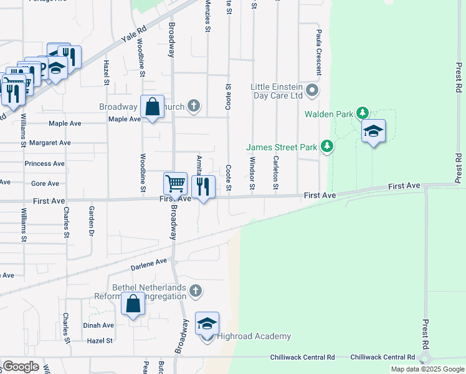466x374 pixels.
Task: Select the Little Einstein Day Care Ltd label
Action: click(277, 91)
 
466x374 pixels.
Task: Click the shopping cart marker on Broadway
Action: click(176, 184)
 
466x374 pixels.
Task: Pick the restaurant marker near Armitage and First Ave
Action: click(202, 186)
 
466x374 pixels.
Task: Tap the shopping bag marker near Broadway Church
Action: click(152, 107)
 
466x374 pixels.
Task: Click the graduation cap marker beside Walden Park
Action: click(373, 132)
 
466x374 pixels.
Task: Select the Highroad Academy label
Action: click(254, 337)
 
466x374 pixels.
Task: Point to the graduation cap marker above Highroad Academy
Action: click(207, 324)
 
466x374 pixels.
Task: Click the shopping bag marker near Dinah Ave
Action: click(133, 305)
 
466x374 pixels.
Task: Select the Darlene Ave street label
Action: click(149, 264)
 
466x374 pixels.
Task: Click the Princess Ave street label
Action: click(44, 164)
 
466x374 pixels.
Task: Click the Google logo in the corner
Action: click(21, 367)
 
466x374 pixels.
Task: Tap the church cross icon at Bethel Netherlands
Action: click(196, 290)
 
